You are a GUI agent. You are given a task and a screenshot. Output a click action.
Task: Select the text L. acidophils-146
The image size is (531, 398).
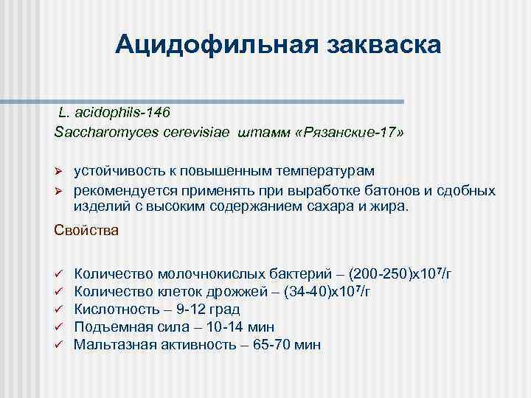coord(114,113)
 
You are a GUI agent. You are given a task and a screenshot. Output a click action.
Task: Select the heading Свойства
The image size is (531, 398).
coord(86,230)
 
